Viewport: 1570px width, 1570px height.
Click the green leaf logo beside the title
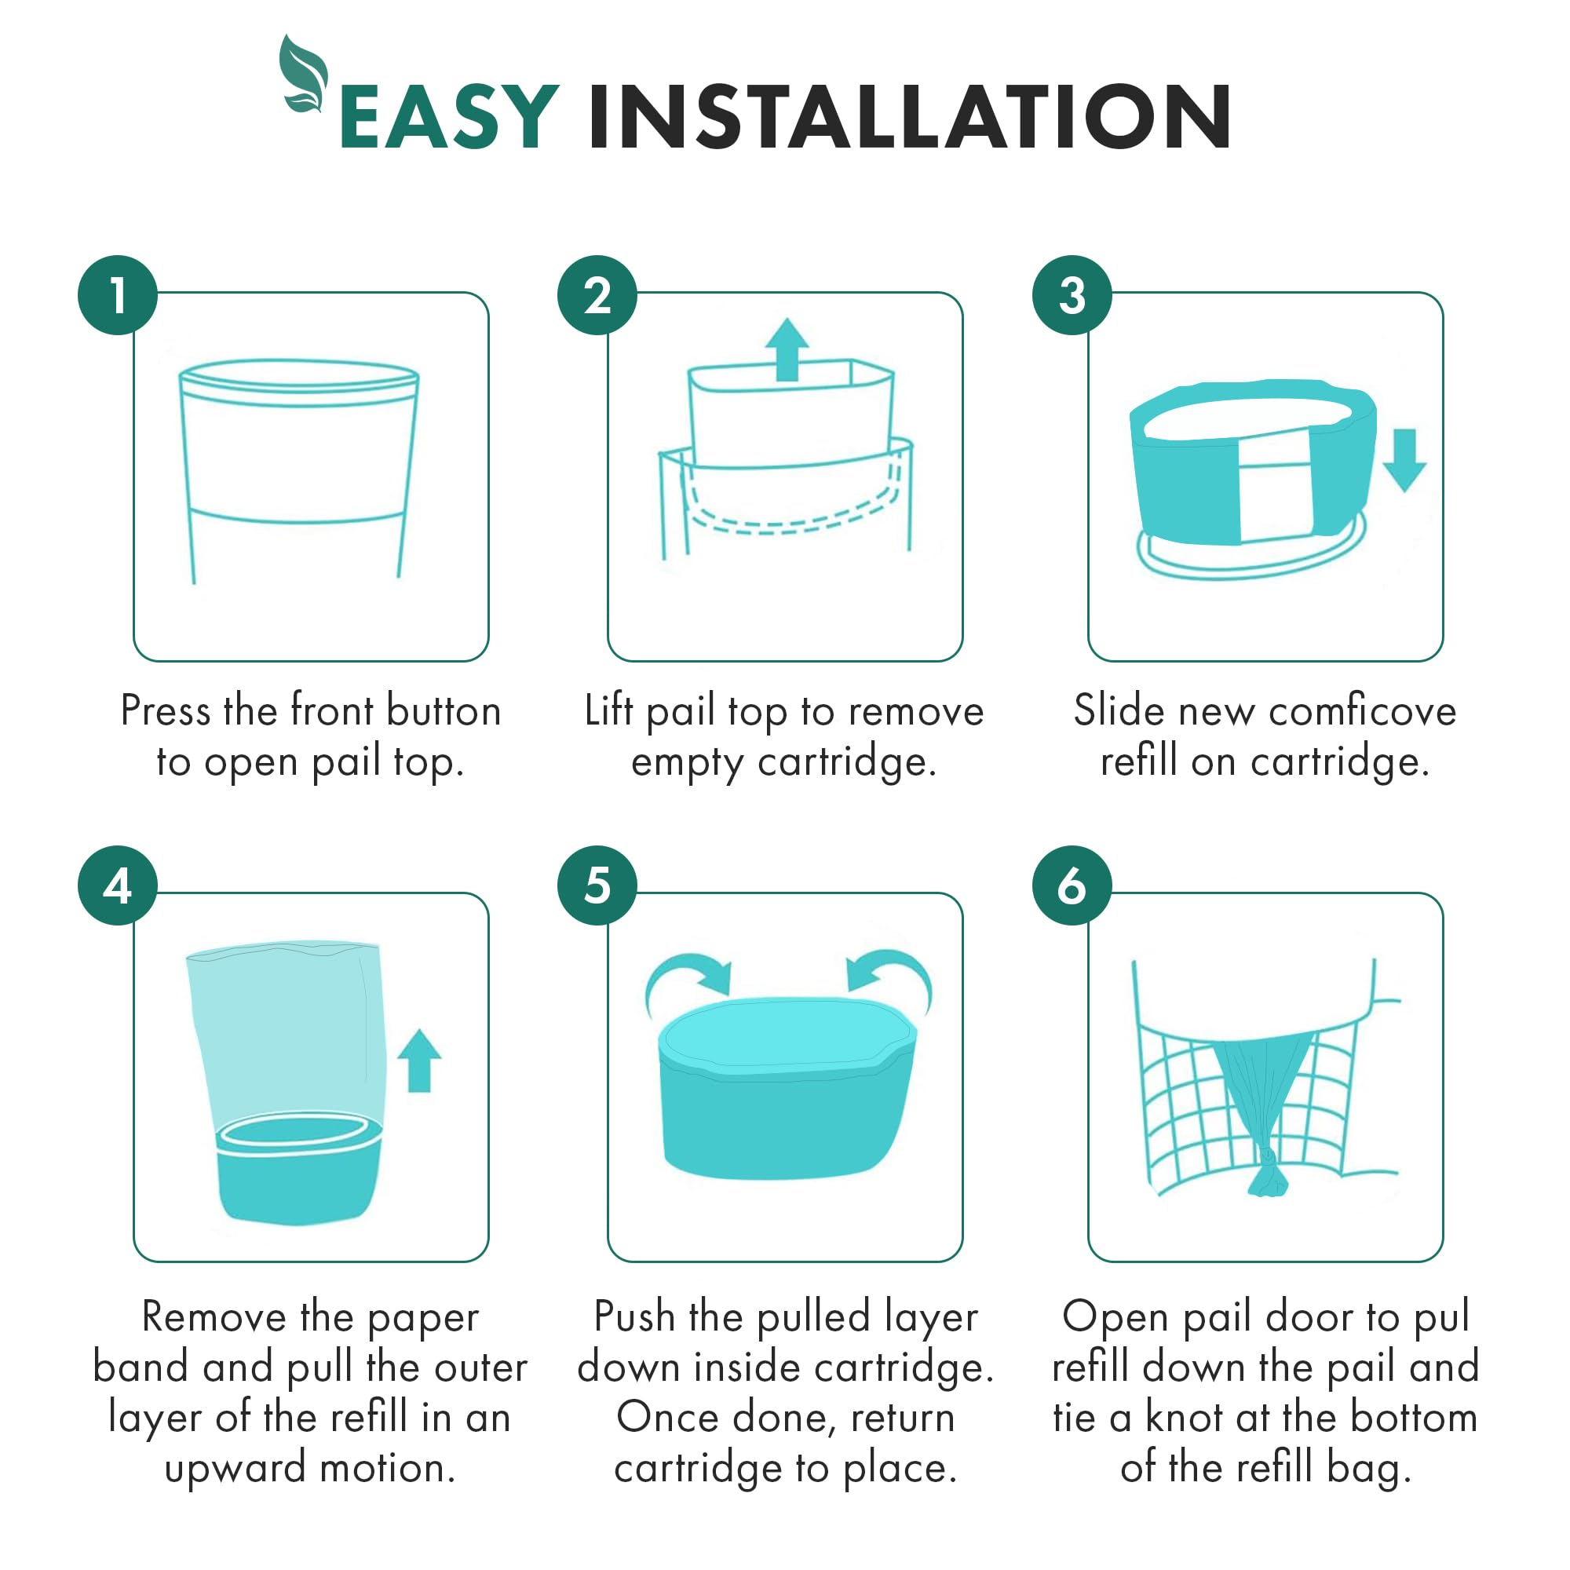[302, 75]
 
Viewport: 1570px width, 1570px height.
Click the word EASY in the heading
[449, 117]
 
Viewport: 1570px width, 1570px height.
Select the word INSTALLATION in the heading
[909, 117]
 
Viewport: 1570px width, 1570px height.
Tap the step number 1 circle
[118, 295]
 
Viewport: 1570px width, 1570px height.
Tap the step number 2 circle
[597, 295]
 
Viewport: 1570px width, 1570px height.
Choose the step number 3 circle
[1072, 295]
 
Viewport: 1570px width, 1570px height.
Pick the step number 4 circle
[118, 885]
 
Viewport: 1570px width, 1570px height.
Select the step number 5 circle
[597, 885]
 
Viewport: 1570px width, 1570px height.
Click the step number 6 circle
[1072, 885]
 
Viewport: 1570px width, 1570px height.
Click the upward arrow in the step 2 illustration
[787, 349]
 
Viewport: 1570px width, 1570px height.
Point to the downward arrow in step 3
[1404, 460]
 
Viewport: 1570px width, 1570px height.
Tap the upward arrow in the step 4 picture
[419, 1061]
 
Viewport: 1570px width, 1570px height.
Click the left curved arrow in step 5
[688, 976]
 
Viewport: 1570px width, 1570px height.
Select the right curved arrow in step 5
[892, 974]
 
